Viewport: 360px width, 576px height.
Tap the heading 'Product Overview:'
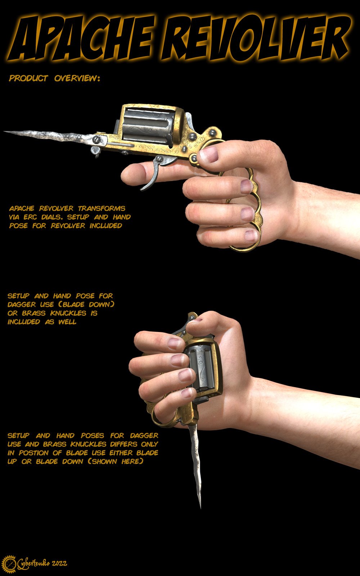click(x=54, y=78)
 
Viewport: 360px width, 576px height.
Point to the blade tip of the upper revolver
click(x=6, y=132)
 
